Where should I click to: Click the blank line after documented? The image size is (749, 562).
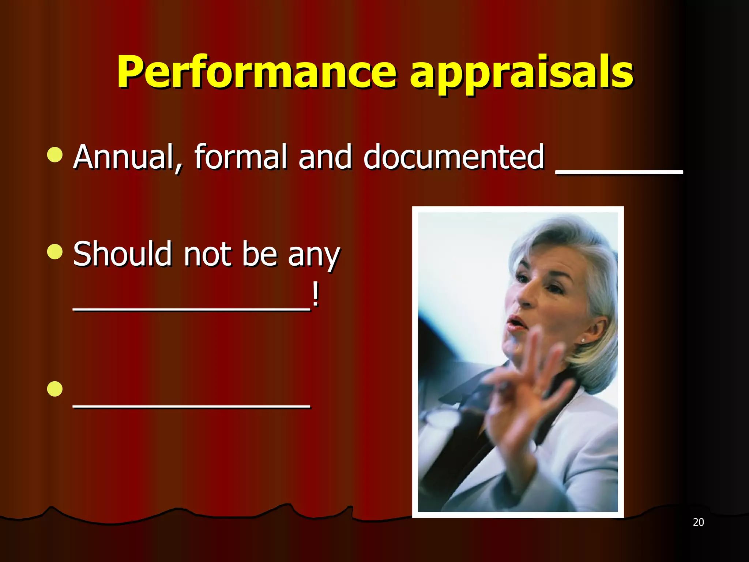click(619, 171)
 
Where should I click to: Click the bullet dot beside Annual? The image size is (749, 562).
click(55, 154)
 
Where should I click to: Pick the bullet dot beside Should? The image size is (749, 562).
click(55, 252)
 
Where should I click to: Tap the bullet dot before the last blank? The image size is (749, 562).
click(55, 389)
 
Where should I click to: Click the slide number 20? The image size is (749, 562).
click(698, 522)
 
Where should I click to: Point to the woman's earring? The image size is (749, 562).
click(583, 341)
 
